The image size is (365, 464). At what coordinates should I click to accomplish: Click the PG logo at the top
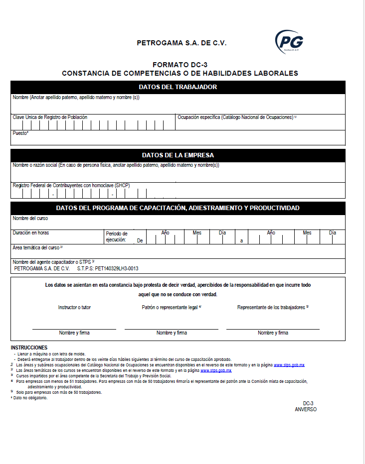click(290, 41)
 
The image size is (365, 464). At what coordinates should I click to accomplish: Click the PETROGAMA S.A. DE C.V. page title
click(182, 43)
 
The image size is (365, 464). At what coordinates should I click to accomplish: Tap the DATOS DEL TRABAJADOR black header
click(178, 87)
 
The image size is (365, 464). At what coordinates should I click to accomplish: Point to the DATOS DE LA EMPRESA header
click(178, 155)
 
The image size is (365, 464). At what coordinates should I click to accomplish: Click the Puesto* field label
click(20, 133)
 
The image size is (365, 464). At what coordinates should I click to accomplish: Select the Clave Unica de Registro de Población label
click(50, 117)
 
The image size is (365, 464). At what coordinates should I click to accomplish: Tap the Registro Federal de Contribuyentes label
click(71, 185)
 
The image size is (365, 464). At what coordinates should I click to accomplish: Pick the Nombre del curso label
click(30, 218)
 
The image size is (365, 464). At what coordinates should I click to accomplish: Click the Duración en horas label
click(31, 232)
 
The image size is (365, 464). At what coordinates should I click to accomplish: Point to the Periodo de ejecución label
click(117, 236)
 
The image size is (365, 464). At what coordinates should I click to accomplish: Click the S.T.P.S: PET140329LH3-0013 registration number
click(108, 268)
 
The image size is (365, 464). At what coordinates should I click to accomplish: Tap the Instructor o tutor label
click(74, 308)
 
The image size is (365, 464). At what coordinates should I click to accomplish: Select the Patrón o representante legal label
click(171, 308)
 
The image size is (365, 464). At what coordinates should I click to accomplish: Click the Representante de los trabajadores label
click(272, 308)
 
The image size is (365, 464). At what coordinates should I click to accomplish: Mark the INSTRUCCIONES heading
click(29, 348)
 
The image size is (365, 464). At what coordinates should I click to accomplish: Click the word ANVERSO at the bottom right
click(306, 409)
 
